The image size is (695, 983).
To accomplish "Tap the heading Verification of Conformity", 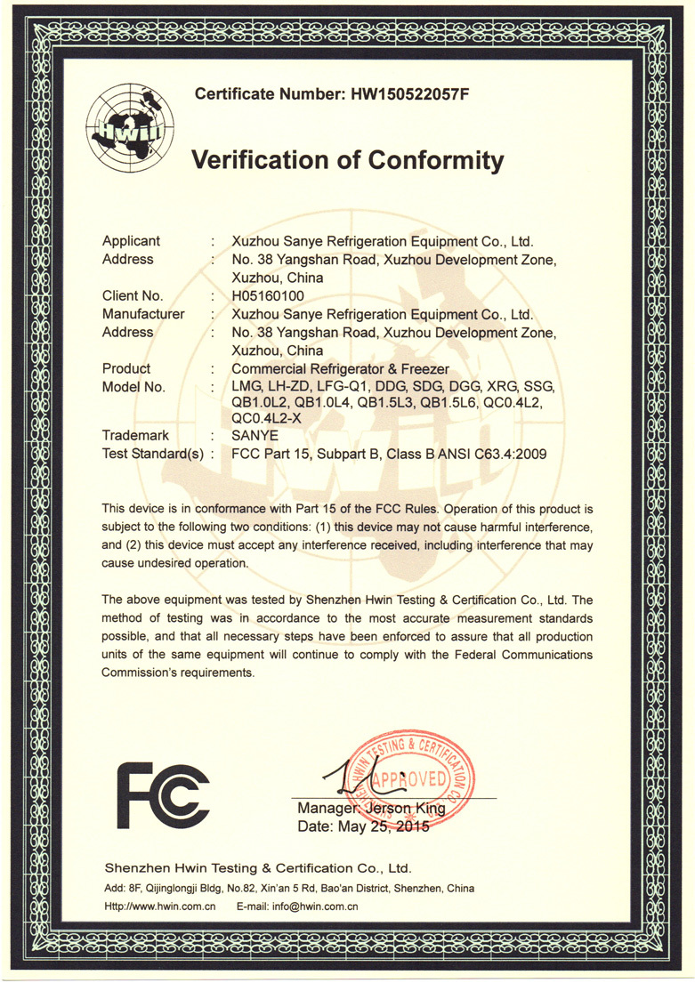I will (348, 160).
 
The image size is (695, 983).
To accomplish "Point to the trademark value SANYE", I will (255, 436).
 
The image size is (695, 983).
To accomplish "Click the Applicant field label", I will (131, 241).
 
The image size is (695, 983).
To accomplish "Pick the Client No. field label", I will (133, 295).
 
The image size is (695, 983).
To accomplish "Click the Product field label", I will (126, 368).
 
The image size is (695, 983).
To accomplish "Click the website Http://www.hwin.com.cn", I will (161, 907).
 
